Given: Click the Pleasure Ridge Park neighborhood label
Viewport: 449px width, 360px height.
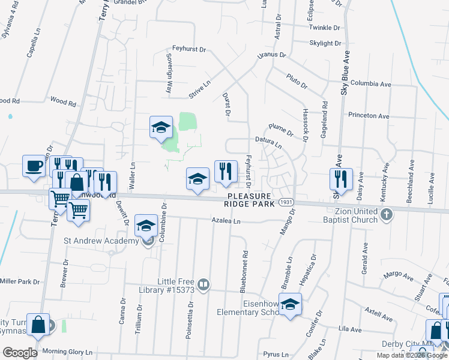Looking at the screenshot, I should tap(250, 200).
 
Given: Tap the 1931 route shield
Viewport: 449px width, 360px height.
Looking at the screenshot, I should tap(286, 203).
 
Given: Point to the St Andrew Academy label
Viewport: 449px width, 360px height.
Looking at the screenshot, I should tap(101, 241).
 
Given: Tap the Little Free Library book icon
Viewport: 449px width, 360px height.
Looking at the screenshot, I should tap(203, 284).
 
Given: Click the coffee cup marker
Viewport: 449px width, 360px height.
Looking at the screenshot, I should tap(34, 165).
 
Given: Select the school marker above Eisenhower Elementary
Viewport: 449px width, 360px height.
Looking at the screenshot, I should tap(291, 304).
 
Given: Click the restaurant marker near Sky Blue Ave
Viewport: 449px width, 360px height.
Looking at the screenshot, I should tap(340, 178).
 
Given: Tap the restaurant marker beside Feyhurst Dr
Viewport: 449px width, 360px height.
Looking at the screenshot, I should tap(226, 170).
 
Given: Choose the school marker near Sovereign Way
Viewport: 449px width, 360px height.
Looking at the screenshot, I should tap(161, 127).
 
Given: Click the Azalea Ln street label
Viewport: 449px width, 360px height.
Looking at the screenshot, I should tap(225, 221).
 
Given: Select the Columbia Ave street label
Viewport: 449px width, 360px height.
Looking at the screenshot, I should tap(371, 84).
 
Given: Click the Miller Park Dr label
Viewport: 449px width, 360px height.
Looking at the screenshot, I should tap(19, 281).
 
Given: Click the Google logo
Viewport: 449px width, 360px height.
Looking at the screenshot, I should tap(20, 353).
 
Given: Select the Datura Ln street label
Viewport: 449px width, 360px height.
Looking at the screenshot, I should tap(268, 142).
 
